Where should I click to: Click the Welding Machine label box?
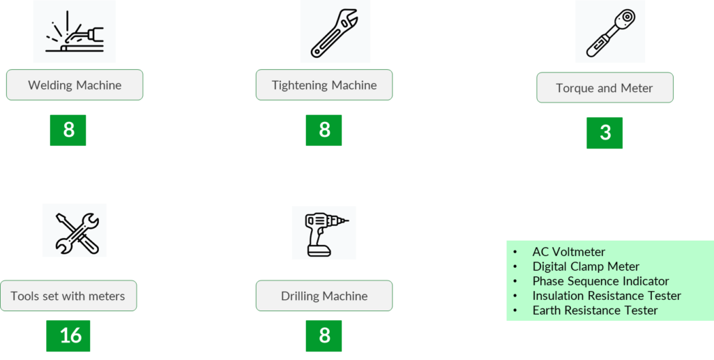point(75,85)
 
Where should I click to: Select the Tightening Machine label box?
point(324,85)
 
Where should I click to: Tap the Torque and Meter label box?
point(605,88)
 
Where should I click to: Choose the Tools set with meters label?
point(68,296)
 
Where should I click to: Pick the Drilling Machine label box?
point(324,296)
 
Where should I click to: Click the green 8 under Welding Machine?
point(68,130)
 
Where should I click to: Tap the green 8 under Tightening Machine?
point(324,130)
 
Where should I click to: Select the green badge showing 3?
point(605,133)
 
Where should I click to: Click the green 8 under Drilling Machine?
point(324,336)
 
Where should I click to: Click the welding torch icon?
point(75,32)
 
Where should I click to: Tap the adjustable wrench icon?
point(335,32)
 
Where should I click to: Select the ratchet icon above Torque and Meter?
point(610,32)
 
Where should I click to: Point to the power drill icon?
point(324,232)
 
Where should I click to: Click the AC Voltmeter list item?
point(569,252)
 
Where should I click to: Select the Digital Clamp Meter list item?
point(586,267)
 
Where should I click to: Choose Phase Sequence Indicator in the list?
point(600,281)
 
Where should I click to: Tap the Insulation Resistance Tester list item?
point(607,296)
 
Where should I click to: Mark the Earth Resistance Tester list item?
point(595,310)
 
